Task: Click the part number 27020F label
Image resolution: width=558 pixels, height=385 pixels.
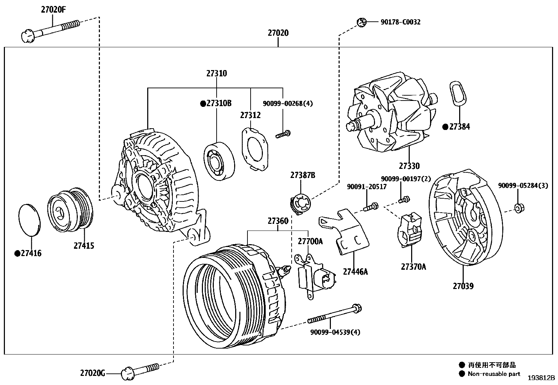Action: tap(53, 10)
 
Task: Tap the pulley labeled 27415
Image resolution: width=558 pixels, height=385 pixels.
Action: tap(70, 210)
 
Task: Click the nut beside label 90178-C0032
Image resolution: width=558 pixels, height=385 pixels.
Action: tap(361, 22)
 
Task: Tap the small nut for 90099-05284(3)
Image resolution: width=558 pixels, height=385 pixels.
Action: tap(519, 208)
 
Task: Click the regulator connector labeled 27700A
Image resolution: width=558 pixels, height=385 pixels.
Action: tap(315, 277)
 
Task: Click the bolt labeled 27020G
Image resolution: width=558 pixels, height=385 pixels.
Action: tap(140, 371)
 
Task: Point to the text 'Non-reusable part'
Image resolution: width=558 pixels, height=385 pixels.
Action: tap(494, 374)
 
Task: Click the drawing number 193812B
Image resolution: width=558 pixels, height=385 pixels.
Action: tap(542, 378)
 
